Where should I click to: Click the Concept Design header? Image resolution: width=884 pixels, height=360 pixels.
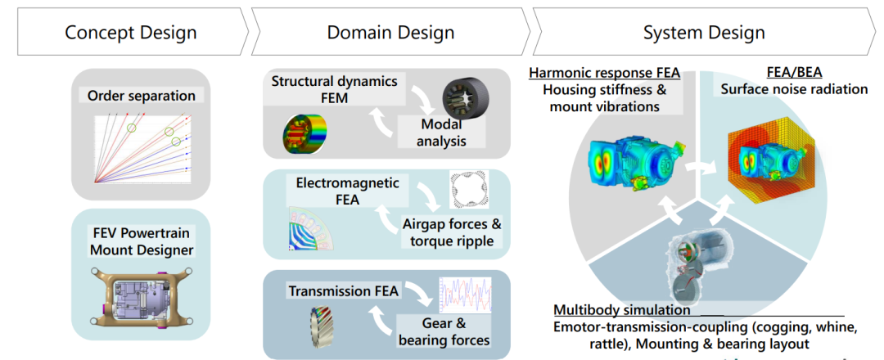131,32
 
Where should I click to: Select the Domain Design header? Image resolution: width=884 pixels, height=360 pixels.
390,32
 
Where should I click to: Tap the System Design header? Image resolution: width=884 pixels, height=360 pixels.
704,32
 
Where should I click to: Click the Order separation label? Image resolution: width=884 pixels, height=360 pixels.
141,96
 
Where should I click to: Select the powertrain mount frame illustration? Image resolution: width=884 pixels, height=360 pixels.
141,297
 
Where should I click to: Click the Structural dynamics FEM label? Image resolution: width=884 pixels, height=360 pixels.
334,89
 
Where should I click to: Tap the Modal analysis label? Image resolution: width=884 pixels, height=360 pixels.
441,133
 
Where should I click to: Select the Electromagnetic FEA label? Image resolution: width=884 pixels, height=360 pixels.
347,191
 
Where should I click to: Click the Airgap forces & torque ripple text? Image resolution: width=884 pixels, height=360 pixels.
452,232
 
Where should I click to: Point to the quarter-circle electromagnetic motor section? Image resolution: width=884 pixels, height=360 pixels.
311,229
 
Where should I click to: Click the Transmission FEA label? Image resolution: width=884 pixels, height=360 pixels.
344,291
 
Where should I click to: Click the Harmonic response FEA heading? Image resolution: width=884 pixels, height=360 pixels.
604,73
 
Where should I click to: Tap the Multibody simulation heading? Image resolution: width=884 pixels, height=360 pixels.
622,310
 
